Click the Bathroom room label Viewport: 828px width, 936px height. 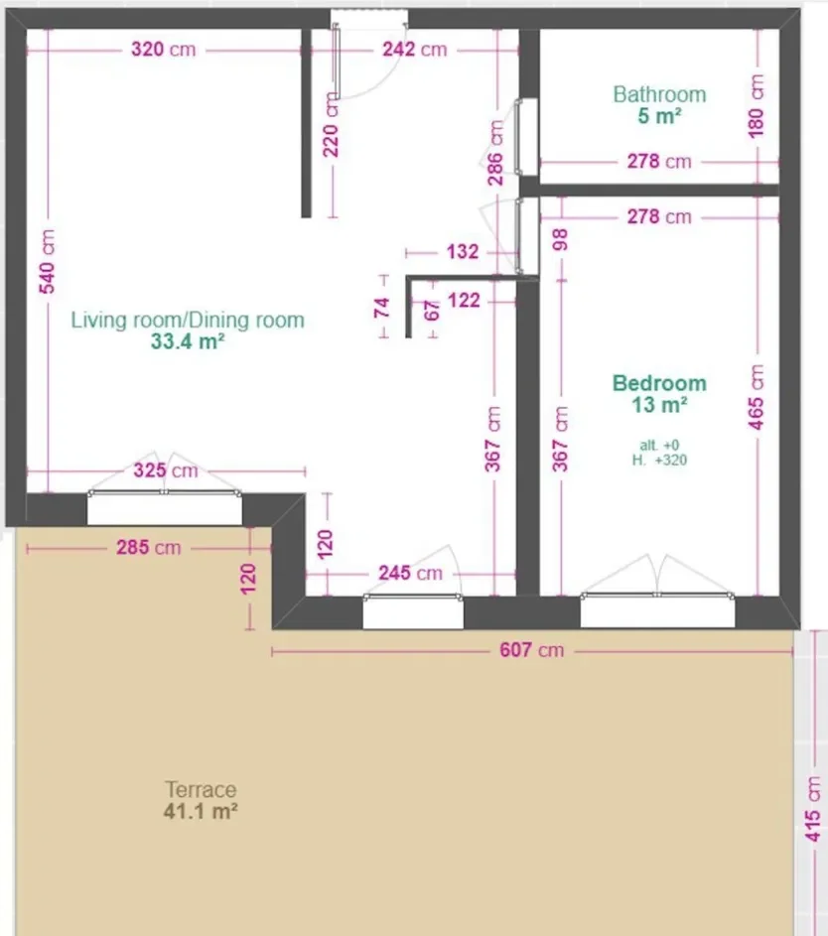tap(659, 94)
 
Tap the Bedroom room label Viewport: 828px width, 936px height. tap(659, 383)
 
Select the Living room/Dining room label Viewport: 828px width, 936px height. tap(188, 320)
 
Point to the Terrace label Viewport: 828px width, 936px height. tap(201, 790)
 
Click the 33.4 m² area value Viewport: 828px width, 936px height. tap(188, 341)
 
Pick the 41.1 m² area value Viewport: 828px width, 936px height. tap(201, 811)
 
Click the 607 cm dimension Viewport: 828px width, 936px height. tap(531, 649)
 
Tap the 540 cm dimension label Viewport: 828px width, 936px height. tap(48, 261)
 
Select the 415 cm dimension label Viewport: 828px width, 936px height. tap(812, 810)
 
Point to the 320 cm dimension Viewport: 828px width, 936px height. tap(164, 49)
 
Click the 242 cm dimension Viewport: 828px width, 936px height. tap(414, 49)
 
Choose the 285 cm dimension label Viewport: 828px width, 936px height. tap(149, 547)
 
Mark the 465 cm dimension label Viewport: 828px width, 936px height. tap(757, 397)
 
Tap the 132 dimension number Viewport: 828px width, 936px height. tap(463, 251)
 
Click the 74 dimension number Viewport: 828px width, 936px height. tap(382, 308)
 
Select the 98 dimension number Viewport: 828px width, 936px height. tap(560, 240)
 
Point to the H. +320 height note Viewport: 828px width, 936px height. tap(659, 461)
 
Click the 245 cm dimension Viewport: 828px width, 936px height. tap(411, 573)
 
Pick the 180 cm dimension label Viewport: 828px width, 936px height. tap(757, 106)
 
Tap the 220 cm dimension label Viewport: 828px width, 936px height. tap(331, 125)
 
